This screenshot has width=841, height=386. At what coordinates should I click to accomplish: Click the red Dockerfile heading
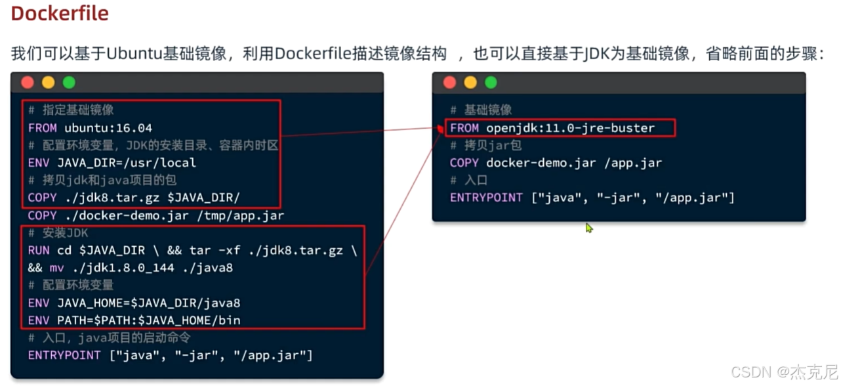(x=60, y=14)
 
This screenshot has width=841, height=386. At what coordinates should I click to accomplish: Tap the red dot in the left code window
(x=28, y=83)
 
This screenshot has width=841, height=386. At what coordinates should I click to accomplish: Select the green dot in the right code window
(x=491, y=83)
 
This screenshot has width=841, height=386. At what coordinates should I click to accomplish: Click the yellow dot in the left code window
(x=48, y=83)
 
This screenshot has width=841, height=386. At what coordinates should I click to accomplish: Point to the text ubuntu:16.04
(x=108, y=127)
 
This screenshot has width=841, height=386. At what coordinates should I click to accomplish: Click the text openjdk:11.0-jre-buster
(x=571, y=127)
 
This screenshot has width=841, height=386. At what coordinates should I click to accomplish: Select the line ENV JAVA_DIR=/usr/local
(x=112, y=162)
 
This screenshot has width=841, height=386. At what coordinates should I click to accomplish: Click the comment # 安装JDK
(x=58, y=233)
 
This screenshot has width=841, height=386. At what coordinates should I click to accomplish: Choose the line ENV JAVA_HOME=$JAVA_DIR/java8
(x=134, y=303)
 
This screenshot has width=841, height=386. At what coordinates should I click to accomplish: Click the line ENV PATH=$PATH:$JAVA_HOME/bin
(x=134, y=320)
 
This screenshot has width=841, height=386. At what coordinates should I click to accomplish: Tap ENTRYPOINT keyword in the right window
(x=486, y=198)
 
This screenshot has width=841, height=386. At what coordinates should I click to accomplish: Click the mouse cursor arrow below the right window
(x=588, y=227)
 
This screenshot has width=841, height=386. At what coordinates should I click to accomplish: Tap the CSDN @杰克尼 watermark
(x=784, y=372)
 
